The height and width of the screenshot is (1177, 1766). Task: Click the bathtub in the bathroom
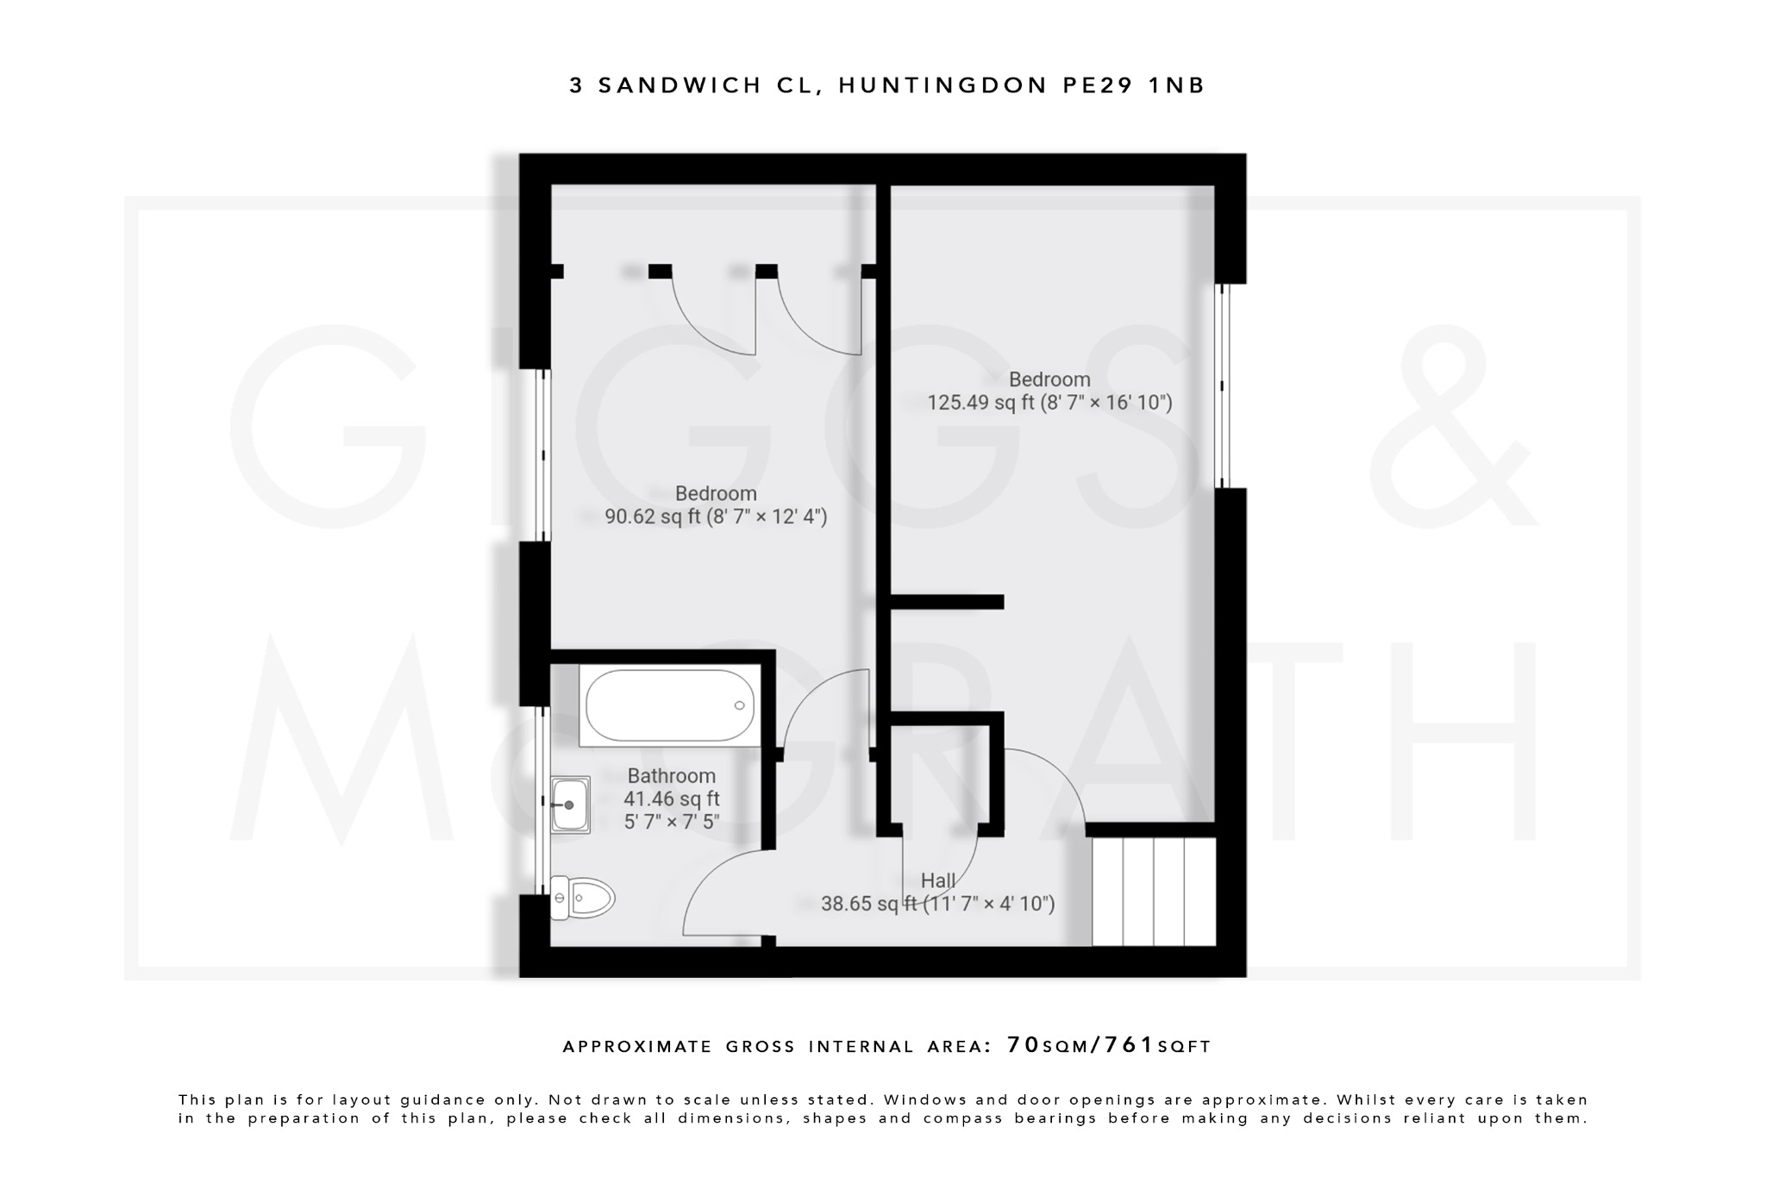pyautogui.click(x=670, y=705)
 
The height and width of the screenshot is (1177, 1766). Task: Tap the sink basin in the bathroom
pyautogui.click(x=570, y=804)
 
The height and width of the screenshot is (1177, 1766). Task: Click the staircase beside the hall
pyautogui.click(x=1154, y=892)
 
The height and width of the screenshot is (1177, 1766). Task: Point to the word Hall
pyautogui.click(x=937, y=880)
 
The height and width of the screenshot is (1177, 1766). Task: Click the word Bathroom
pyautogui.click(x=671, y=775)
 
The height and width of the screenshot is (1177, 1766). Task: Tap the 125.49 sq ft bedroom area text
pyautogui.click(x=1049, y=403)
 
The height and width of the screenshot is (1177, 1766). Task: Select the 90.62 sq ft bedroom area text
pyautogui.click(x=716, y=517)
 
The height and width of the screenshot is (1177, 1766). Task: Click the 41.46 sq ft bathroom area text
pyautogui.click(x=671, y=798)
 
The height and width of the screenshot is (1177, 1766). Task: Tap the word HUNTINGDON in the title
pyautogui.click(x=943, y=85)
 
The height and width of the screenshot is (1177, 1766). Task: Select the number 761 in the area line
pyautogui.click(x=1130, y=1045)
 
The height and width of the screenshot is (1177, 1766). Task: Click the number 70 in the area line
pyautogui.click(x=1024, y=1045)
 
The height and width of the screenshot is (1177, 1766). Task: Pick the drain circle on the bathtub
pyautogui.click(x=739, y=705)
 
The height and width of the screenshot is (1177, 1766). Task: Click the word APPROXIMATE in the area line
pyautogui.click(x=636, y=1047)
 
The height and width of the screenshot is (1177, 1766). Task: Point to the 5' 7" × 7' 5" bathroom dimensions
pyautogui.click(x=671, y=822)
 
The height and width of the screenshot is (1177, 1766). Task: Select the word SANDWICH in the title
pyautogui.click(x=679, y=85)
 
